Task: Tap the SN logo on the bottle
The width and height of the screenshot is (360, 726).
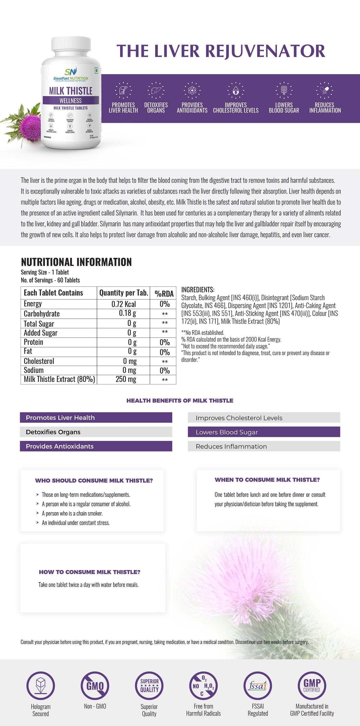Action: pyautogui.click(x=70, y=72)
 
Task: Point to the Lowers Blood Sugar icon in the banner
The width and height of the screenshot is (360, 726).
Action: pyautogui.click(x=284, y=90)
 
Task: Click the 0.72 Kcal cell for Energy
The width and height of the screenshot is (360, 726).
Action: pyautogui.click(x=123, y=304)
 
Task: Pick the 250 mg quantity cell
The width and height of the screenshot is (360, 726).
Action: pyautogui.click(x=126, y=379)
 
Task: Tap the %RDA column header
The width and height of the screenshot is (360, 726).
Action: pyautogui.click(x=164, y=294)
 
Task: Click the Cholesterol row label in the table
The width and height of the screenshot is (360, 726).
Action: pyautogui.click(x=39, y=361)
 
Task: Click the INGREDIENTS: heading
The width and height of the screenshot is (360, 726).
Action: pyautogui.click(x=198, y=289)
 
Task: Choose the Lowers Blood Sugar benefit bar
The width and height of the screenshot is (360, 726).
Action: pyautogui.click(x=264, y=432)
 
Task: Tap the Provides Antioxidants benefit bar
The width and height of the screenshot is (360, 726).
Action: pyautogui.click(x=96, y=446)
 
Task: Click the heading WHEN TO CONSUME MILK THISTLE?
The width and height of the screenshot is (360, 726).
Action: pyautogui.click(x=267, y=480)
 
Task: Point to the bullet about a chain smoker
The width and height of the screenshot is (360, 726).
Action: pyautogui.click(x=72, y=513)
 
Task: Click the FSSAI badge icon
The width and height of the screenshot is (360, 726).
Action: pyautogui.click(x=258, y=686)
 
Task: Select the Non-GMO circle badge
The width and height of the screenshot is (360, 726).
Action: pyautogui.click(x=95, y=686)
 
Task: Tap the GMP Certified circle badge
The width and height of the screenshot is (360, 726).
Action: pyautogui.click(x=312, y=686)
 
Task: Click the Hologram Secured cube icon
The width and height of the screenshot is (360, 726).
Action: pyautogui.click(x=41, y=686)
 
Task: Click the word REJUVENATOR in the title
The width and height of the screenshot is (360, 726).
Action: pyautogui.click(x=265, y=51)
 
